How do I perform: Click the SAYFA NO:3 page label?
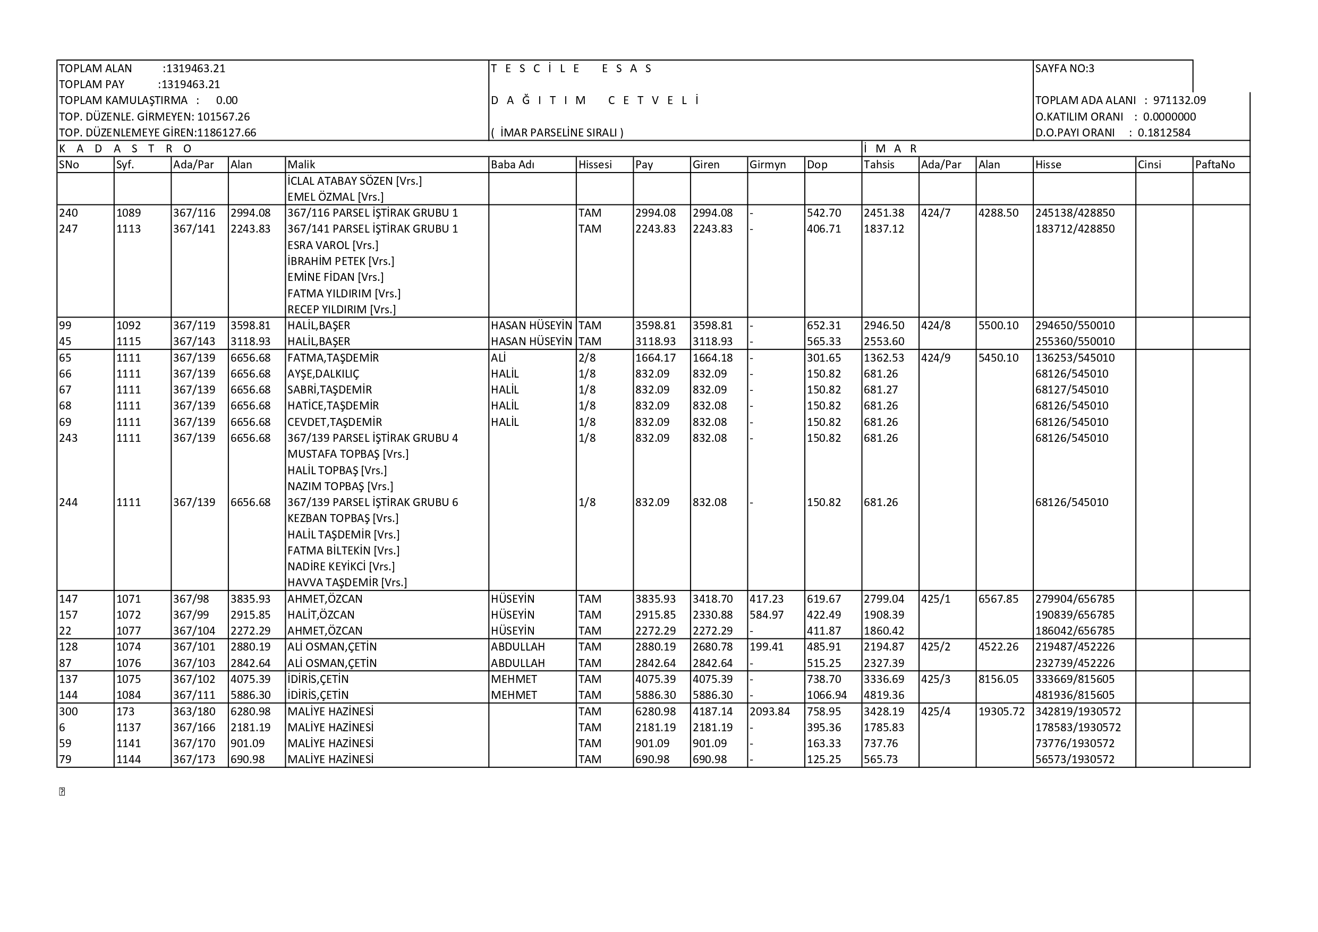point(1064,69)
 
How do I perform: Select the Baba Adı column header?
point(513,165)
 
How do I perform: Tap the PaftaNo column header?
point(1214,165)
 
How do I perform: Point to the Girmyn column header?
point(768,165)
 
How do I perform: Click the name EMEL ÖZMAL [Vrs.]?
point(335,197)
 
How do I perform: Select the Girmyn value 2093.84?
point(770,712)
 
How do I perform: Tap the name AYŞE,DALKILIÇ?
point(323,374)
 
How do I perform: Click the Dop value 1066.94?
point(827,695)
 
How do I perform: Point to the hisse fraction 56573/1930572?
point(1075,759)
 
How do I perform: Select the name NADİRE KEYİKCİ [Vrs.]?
point(341,567)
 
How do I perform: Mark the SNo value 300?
point(69,712)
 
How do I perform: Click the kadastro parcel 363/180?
point(194,712)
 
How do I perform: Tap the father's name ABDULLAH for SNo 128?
point(518,647)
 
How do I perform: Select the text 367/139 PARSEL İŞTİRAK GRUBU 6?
point(372,502)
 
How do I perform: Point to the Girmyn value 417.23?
point(767,599)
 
